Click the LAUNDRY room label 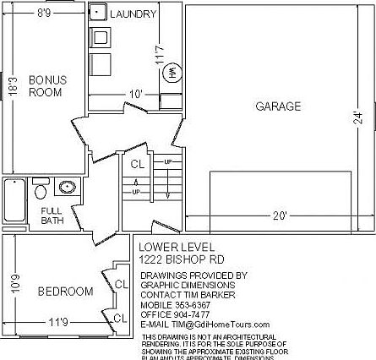pyautogui.click(x=134, y=14)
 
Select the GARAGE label pyautogui.click(x=279, y=106)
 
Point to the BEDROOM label pyautogui.click(x=65, y=292)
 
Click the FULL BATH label pyautogui.click(x=52, y=215)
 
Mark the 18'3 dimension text pyautogui.click(x=13, y=86)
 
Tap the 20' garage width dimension pyautogui.click(x=280, y=216)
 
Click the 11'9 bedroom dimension pyautogui.click(x=58, y=321)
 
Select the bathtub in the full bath pyautogui.click(x=14, y=201)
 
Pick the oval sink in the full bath pyautogui.click(x=68, y=188)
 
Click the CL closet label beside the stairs pyautogui.click(x=137, y=164)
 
